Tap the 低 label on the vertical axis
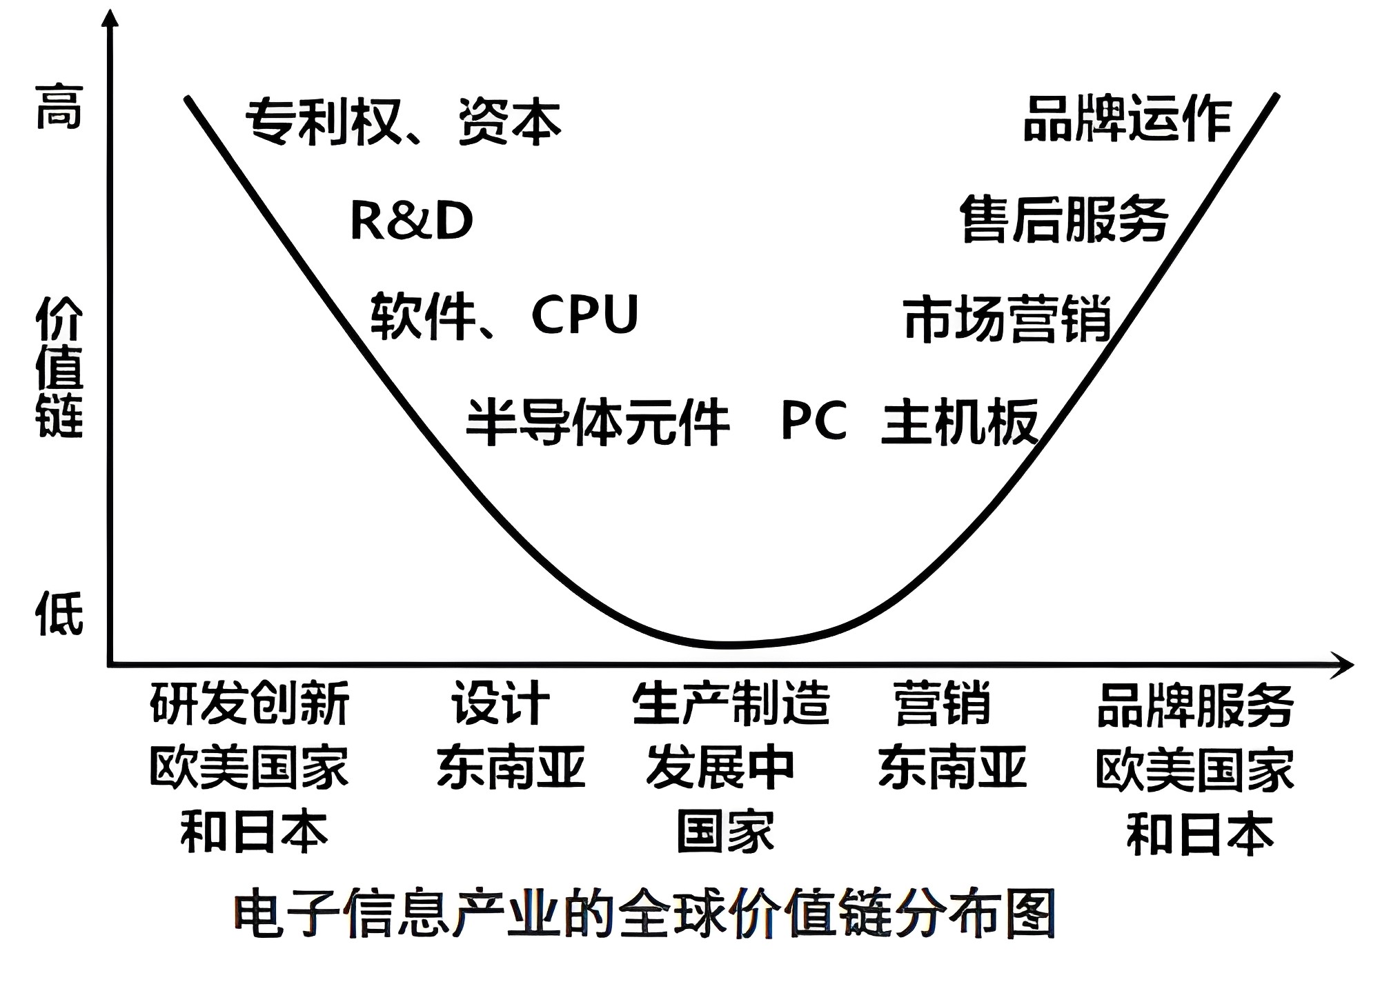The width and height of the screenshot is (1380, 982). tap(59, 613)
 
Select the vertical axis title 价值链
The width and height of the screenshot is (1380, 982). tap(59, 367)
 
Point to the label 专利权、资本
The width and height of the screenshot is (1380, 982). tap(404, 122)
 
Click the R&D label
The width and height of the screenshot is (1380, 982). tap(411, 221)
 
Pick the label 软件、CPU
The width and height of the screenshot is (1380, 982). tap(504, 315)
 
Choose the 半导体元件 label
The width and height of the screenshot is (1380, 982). tap(598, 421)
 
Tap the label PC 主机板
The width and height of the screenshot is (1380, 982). tap(909, 421)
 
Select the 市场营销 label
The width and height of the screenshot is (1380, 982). tap(1007, 319)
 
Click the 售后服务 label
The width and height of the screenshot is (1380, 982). tap(1064, 219)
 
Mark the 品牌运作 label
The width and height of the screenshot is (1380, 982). tap(1127, 119)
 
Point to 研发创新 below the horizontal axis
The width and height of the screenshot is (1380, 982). tap(250, 703)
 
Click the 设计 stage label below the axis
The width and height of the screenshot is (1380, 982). tap(501, 703)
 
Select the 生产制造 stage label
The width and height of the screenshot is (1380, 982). tap(731, 703)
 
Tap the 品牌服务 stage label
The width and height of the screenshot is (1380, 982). tap(1195, 705)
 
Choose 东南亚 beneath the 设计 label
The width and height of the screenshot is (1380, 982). tap(511, 767)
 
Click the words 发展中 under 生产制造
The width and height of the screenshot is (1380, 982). tap(720, 767)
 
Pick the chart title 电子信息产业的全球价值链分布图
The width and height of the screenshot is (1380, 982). tap(644, 914)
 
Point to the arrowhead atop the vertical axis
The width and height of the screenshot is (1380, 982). tap(110, 17)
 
